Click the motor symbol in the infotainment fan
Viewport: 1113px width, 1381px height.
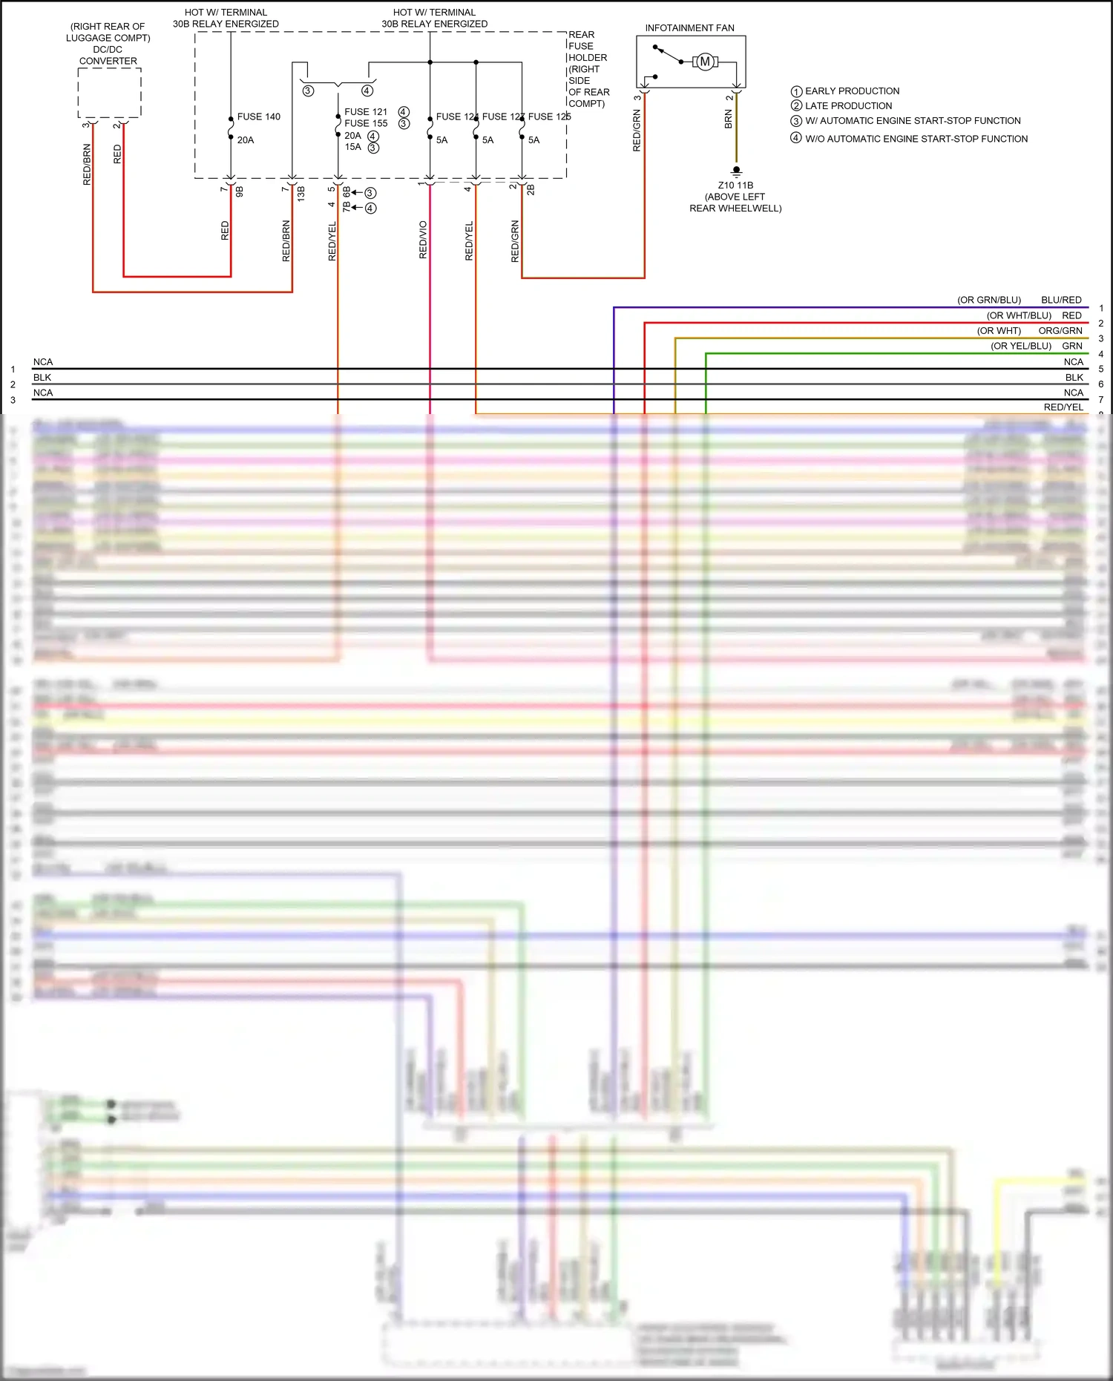705,62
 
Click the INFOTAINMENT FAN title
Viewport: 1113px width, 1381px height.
689,28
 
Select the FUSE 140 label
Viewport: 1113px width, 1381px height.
258,117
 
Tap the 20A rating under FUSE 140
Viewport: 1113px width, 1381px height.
246,140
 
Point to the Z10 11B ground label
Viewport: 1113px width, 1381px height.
735,186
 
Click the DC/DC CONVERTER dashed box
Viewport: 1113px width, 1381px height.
109,93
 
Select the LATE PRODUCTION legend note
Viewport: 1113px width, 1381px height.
848,106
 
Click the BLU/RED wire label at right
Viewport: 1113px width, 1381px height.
1061,300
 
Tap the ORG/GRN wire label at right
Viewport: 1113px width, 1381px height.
1060,331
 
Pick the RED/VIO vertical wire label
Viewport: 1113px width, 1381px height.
423,239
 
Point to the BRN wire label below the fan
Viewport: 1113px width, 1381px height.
729,119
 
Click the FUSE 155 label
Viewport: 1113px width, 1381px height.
366,123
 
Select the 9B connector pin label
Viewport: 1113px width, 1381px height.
240,191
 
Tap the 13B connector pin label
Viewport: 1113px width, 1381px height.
301,194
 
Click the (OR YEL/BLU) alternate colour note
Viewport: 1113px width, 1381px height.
1020,346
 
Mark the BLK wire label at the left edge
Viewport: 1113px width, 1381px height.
42,378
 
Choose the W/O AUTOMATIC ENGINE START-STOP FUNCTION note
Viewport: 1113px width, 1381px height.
916,139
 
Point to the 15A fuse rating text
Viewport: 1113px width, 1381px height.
352,147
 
